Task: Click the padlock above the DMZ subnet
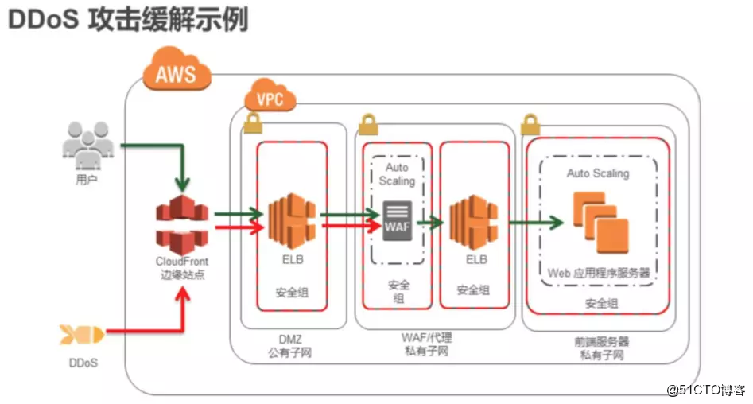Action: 253,122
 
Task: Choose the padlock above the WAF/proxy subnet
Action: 368,124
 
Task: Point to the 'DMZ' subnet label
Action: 290,340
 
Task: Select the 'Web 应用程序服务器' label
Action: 599,273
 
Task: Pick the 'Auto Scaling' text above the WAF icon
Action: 397,174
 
